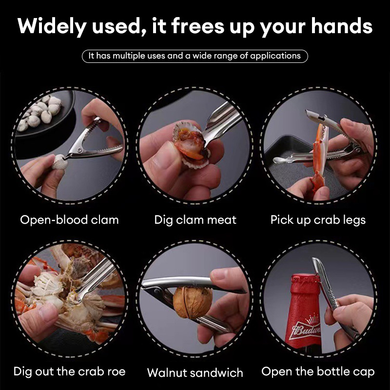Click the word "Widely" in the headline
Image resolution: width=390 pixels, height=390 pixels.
coord(52,26)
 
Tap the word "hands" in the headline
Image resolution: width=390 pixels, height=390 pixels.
coord(342,25)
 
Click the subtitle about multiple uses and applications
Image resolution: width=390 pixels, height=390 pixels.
coord(195,56)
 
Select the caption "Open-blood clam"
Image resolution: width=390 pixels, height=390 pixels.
coord(69,220)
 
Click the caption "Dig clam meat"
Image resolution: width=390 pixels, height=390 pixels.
coord(195,220)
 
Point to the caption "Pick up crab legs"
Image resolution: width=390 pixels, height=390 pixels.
coord(318,220)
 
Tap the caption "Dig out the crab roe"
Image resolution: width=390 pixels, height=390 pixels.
coord(69,371)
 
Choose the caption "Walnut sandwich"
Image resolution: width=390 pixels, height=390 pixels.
coord(195,372)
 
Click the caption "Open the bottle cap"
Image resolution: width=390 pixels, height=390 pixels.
coord(318,372)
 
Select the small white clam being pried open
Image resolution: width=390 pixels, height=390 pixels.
coord(59,161)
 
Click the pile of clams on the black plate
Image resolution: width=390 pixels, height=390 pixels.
coord(40,112)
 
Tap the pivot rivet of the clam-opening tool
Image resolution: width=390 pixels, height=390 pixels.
coord(79,150)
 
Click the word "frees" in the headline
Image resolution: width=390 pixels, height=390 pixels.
coord(198,26)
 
